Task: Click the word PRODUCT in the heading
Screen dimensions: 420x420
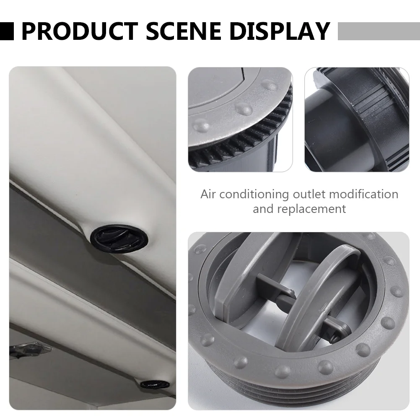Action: click(x=80, y=31)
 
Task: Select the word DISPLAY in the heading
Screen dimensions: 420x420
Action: click(x=280, y=31)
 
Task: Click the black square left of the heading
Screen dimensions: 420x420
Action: click(x=7, y=31)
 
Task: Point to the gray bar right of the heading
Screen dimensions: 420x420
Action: click(x=379, y=31)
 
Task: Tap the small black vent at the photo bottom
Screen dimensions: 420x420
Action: click(x=155, y=385)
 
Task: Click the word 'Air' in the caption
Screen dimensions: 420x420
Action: click(x=208, y=194)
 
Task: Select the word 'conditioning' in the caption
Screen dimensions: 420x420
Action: click(x=254, y=195)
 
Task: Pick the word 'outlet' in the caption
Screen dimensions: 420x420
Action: click(x=309, y=194)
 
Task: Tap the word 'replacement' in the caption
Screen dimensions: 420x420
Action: click(x=311, y=209)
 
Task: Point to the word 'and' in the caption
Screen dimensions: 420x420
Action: click(x=263, y=209)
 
